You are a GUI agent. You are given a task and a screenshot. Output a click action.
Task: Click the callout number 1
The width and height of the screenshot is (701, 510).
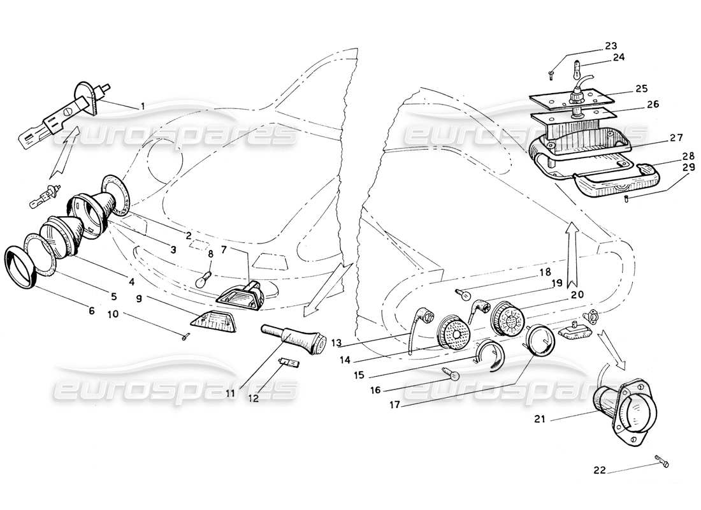[143, 106]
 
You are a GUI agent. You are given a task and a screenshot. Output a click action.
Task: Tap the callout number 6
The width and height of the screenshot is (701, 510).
[92, 310]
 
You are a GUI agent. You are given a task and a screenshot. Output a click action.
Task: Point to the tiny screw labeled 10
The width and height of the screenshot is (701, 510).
[184, 338]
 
